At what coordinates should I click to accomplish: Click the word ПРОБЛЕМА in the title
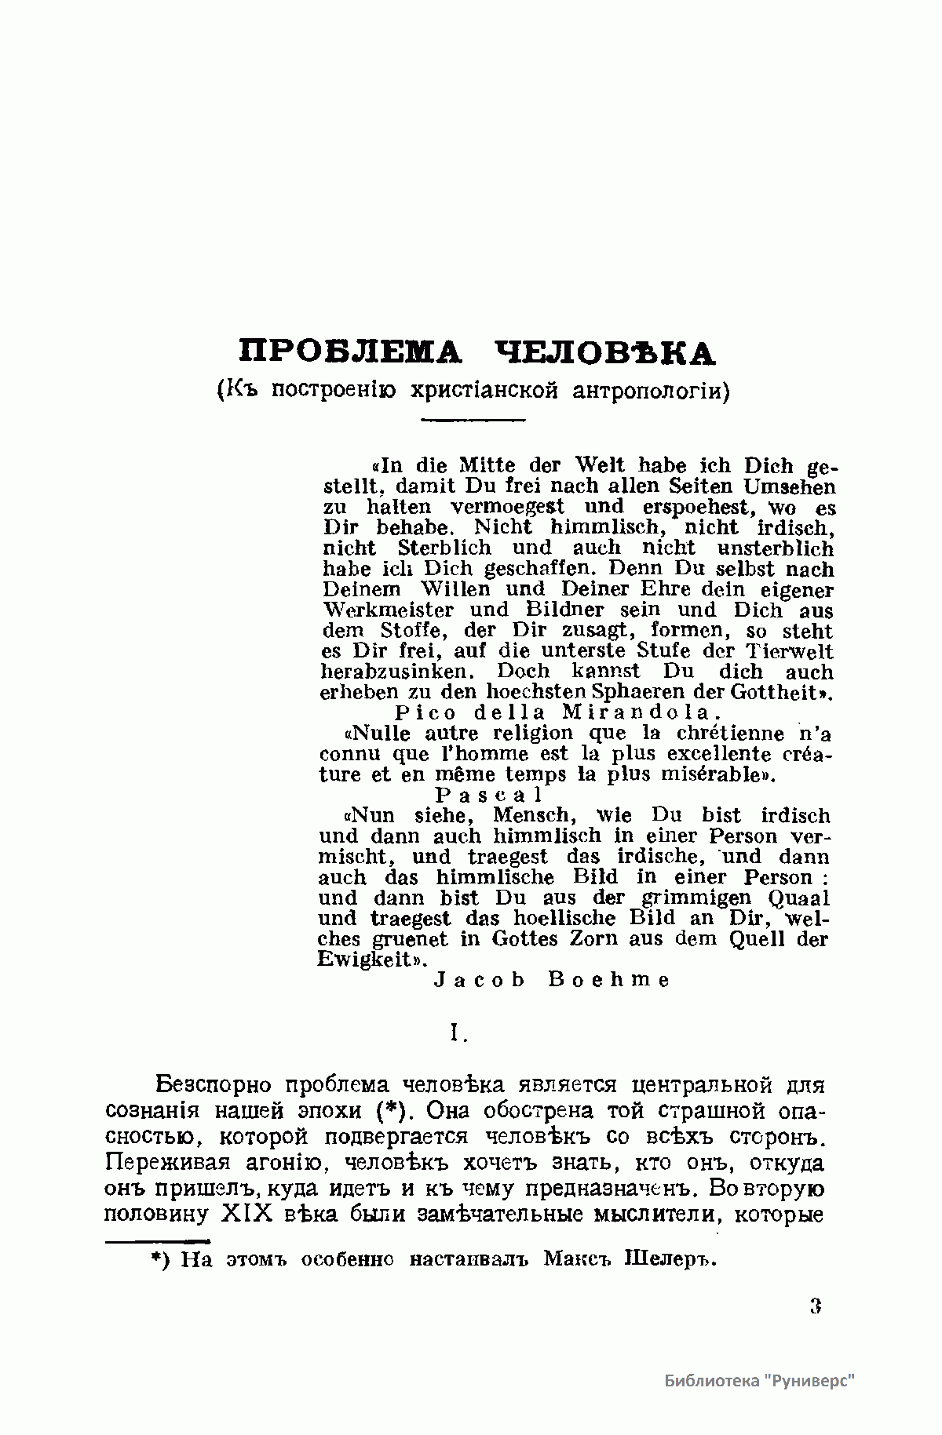(x=350, y=352)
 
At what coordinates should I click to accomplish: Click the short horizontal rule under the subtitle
(x=472, y=421)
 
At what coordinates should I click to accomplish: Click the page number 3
(x=815, y=1306)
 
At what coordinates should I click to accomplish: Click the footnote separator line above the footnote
(x=157, y=1241)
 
